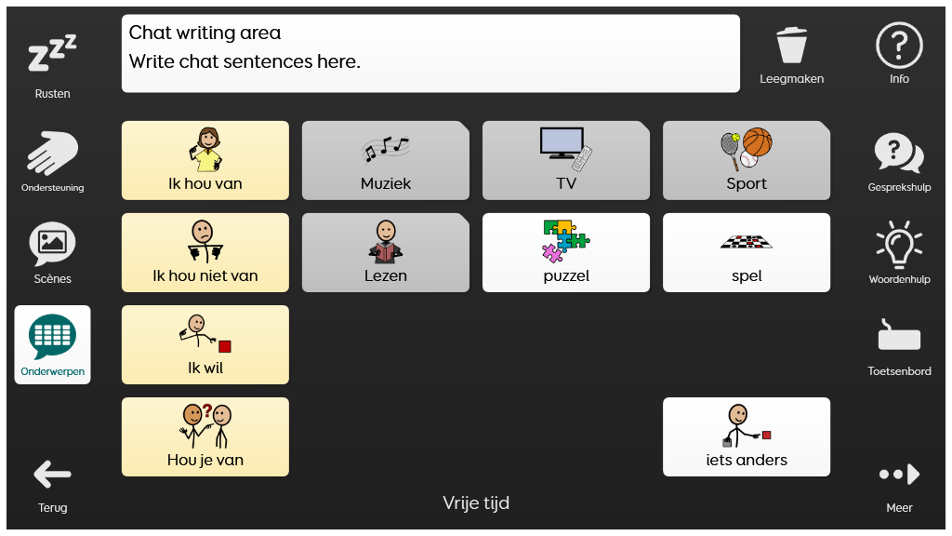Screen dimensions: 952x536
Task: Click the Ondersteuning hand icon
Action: [x=52, y=153]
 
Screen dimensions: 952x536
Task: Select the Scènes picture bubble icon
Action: [x=52, y=243]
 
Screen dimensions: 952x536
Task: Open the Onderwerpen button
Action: [x=52, y=344]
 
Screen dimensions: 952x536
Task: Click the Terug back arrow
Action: [x=52, y=474]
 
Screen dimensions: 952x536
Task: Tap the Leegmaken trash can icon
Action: [x=792, y=45]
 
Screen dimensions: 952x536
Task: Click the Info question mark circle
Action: [x=899, y=45]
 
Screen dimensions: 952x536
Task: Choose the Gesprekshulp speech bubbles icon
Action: [x=899, y=153]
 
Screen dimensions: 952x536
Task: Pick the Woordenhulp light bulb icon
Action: [x=899, y=244]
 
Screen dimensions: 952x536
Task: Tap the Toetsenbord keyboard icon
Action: [x=899, y=335]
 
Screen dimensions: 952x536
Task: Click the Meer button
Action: [x=899, y=485]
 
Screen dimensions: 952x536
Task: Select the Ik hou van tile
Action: [x=205, y=160]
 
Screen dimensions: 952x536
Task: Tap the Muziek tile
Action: [x=386, y=160]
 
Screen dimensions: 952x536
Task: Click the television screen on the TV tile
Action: [x=562, y=141]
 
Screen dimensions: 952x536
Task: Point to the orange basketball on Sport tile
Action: [x=757, y=142]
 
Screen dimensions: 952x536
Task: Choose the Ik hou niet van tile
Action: [x=205, y=252]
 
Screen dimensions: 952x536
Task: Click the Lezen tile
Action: [x=386, y=252]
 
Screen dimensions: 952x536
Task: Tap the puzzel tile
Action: [x=566, y=252]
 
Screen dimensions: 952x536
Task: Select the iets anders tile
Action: [x=747, y=437]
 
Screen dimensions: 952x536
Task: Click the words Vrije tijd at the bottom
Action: [x=476, y=503]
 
